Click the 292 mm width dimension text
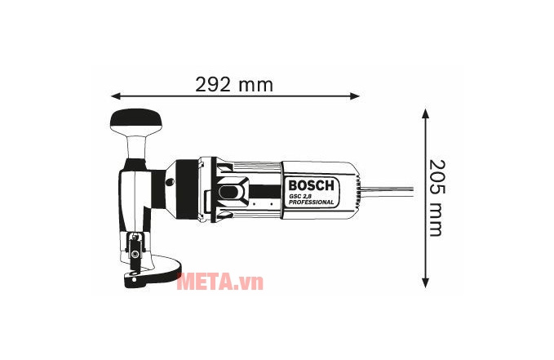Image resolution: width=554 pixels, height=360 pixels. point(234,84)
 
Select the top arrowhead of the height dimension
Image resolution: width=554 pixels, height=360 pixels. point(425,113)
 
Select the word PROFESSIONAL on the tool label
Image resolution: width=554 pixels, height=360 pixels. point(311,202)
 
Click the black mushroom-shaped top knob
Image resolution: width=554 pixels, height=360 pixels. point(137,122)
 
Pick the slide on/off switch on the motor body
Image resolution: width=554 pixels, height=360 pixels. point(232,193)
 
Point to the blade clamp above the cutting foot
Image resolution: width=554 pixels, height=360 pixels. point(134,245)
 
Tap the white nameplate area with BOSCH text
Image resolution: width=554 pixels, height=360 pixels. point(310,188)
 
